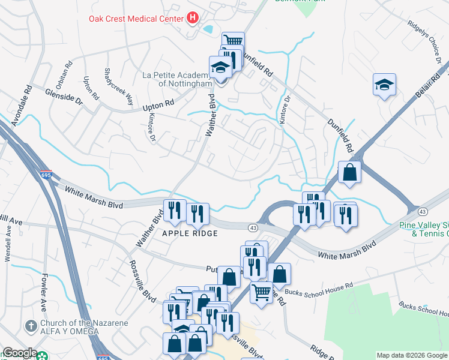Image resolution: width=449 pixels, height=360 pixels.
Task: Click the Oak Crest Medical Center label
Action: pos(136,19)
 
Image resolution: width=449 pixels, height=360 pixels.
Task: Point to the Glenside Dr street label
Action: pos(64,98)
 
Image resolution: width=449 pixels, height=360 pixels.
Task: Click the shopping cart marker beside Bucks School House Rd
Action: pos(261,293)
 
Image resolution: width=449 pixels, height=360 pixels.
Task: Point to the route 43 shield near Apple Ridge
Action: pos(253,227)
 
